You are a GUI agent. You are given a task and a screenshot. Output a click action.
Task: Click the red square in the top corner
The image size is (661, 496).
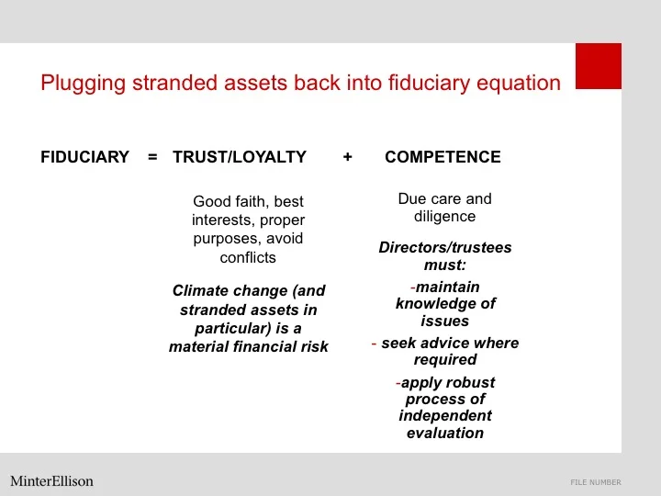coord(598,66)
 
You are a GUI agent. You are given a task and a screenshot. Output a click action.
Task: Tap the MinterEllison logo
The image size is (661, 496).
coord(51,480)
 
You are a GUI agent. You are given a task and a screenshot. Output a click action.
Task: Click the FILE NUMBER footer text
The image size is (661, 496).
coord(595,482)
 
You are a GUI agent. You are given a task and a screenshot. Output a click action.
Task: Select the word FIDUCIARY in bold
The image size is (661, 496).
coord(84,157)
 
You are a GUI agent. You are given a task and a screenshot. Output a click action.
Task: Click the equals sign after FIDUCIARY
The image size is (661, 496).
coord(152,157)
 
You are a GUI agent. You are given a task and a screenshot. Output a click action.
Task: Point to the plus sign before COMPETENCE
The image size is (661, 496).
coord(347,157)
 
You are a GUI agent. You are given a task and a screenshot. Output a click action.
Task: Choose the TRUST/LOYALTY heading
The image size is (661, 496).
coord(240,157)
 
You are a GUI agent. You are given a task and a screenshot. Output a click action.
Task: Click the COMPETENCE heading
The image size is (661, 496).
coord(443,157)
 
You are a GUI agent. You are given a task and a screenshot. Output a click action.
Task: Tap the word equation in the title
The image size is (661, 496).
coord(521,84)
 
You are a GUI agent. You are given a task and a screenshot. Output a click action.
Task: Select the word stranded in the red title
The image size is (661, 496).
coord(172,84)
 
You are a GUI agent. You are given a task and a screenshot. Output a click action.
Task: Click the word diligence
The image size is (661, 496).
coord(444,217)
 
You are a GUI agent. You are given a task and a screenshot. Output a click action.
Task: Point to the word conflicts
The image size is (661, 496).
coord(248,257)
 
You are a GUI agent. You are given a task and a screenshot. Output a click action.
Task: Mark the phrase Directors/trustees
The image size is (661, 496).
coord(445,248)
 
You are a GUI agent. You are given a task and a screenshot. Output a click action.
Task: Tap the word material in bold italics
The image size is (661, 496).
coord(200,346)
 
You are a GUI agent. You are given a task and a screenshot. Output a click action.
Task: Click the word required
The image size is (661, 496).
coord(445,359)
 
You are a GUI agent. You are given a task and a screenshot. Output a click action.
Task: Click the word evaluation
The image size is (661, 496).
coord(445,433)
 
